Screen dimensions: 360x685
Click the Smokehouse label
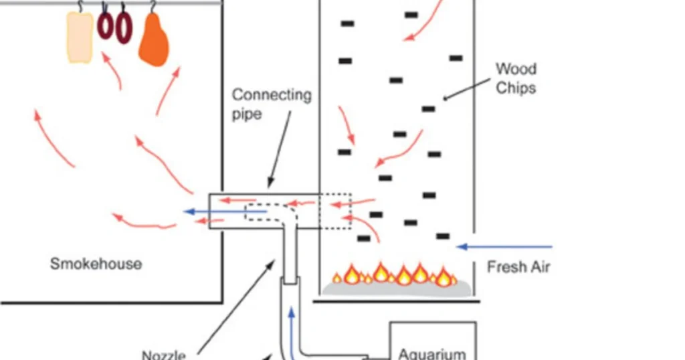pyautogui.click(x=96, y=264)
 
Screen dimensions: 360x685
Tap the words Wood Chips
pyautogui.click(x=516, y=78)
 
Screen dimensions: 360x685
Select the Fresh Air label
pyautogui.click(x=518, y=267)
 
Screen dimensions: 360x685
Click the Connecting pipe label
pyautogui.click(x=272, y=104)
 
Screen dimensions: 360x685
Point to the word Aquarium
pyautogui.click(x=431, y=353)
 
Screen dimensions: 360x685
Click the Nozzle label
pyautogui.click(x=163, y=355)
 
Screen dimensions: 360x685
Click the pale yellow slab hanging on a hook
pyautogui.click(x=80, y=37)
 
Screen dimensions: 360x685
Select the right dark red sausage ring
pyautogui.click(x=124, y=29)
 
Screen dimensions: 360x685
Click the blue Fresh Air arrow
pyautogui.click(x=505, y=247)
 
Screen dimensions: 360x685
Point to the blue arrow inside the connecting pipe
pyautogui.click(x=225, y=212)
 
